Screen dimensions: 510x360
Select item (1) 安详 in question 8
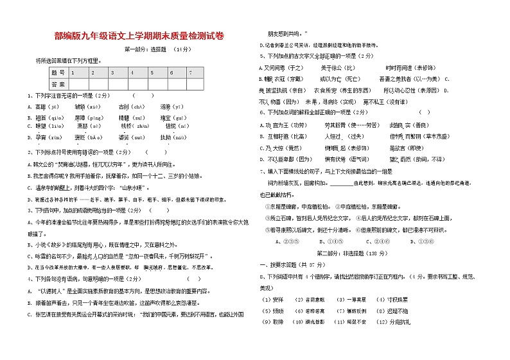click(x=274, y=300)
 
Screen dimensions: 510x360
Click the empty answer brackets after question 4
click(x=193, y=278)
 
